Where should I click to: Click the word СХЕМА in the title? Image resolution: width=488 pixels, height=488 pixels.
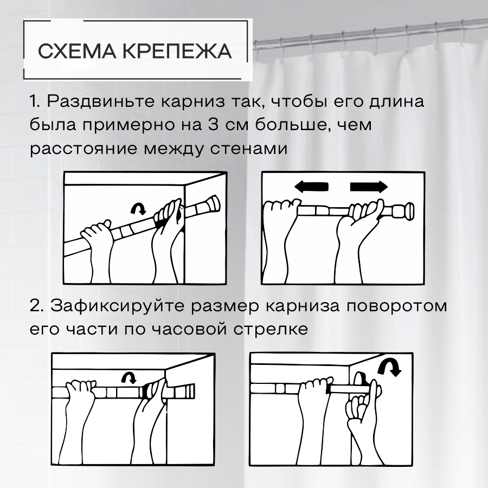click(77, 51)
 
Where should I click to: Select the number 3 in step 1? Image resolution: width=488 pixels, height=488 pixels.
click(213, 125)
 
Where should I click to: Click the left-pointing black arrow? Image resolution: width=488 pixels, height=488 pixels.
click(311, 187)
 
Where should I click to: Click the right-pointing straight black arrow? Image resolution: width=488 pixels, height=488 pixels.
click(369, 187)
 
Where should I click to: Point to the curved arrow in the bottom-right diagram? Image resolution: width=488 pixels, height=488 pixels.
click(390, 368)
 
